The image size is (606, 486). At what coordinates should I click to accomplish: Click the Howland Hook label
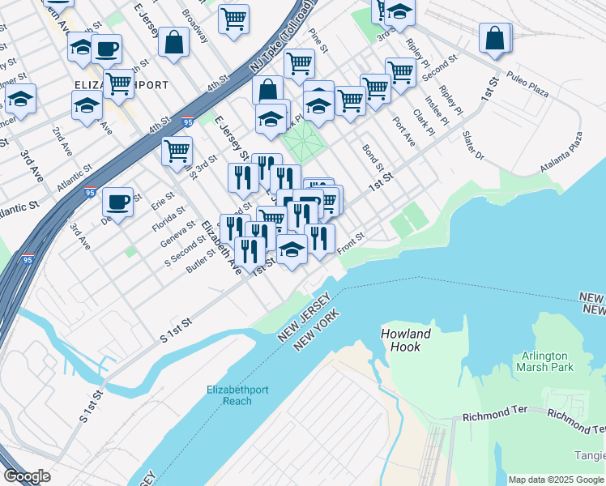(x=406, y=339)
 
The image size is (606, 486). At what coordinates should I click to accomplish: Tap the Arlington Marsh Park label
(x=544, y=361)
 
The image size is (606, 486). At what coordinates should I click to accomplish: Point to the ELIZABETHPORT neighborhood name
(x=122, y=85)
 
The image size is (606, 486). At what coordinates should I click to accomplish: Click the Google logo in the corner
(x=27, y=476)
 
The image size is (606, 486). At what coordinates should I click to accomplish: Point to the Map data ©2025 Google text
(x=556, y=480)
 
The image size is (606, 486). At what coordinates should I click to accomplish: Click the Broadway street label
(x=195, y=22)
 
